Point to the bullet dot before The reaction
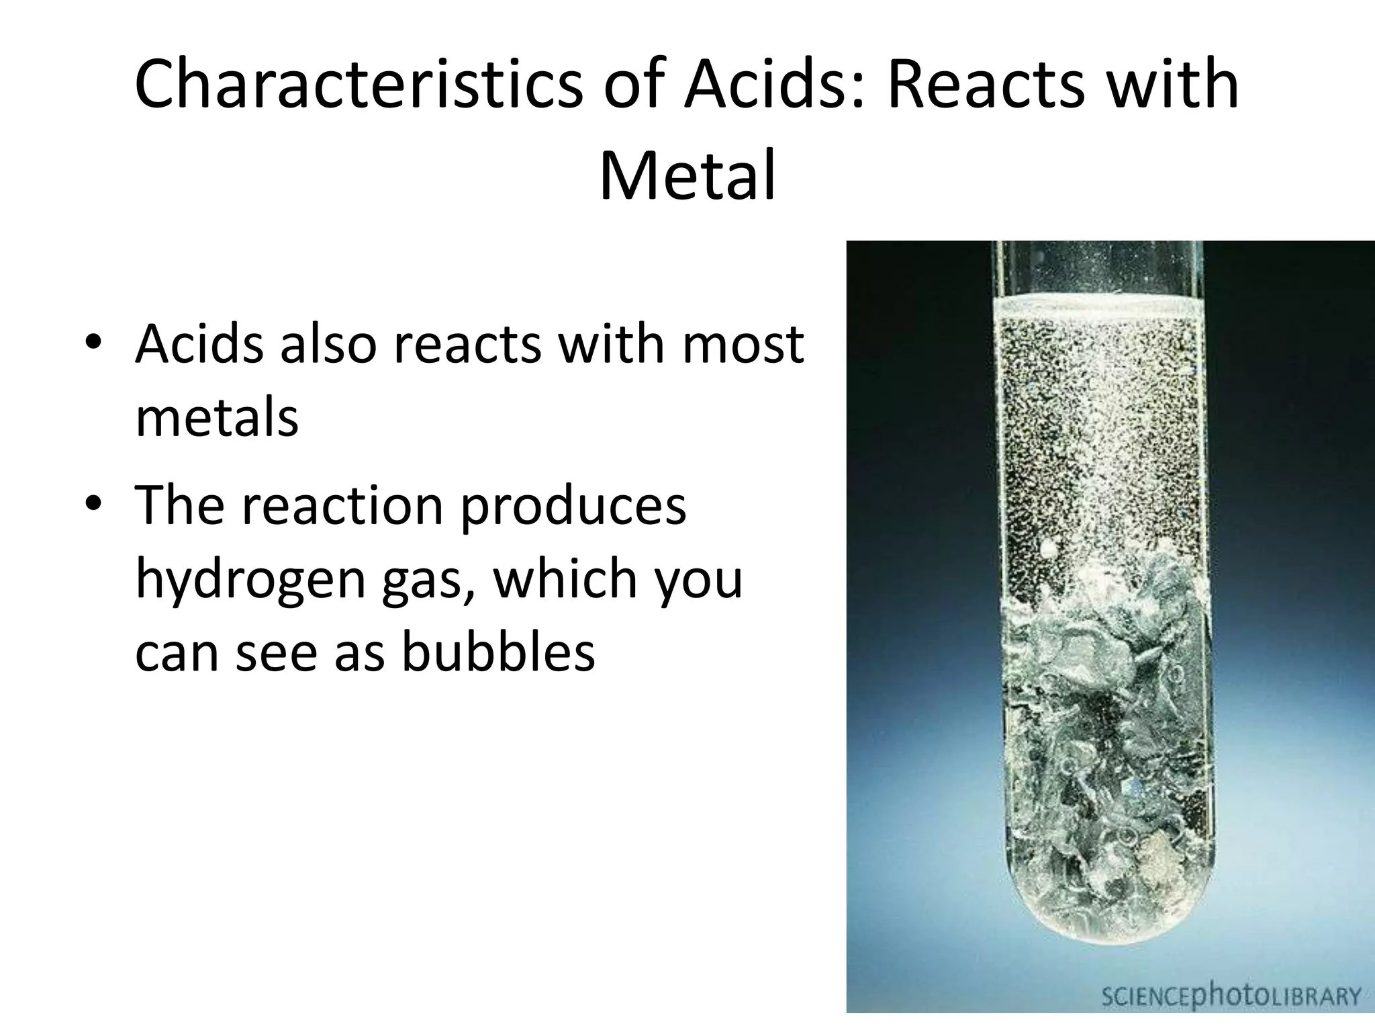[94, 505]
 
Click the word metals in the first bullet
[217, 418]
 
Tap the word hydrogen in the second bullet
[251, 579]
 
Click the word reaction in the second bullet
[342, 505]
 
